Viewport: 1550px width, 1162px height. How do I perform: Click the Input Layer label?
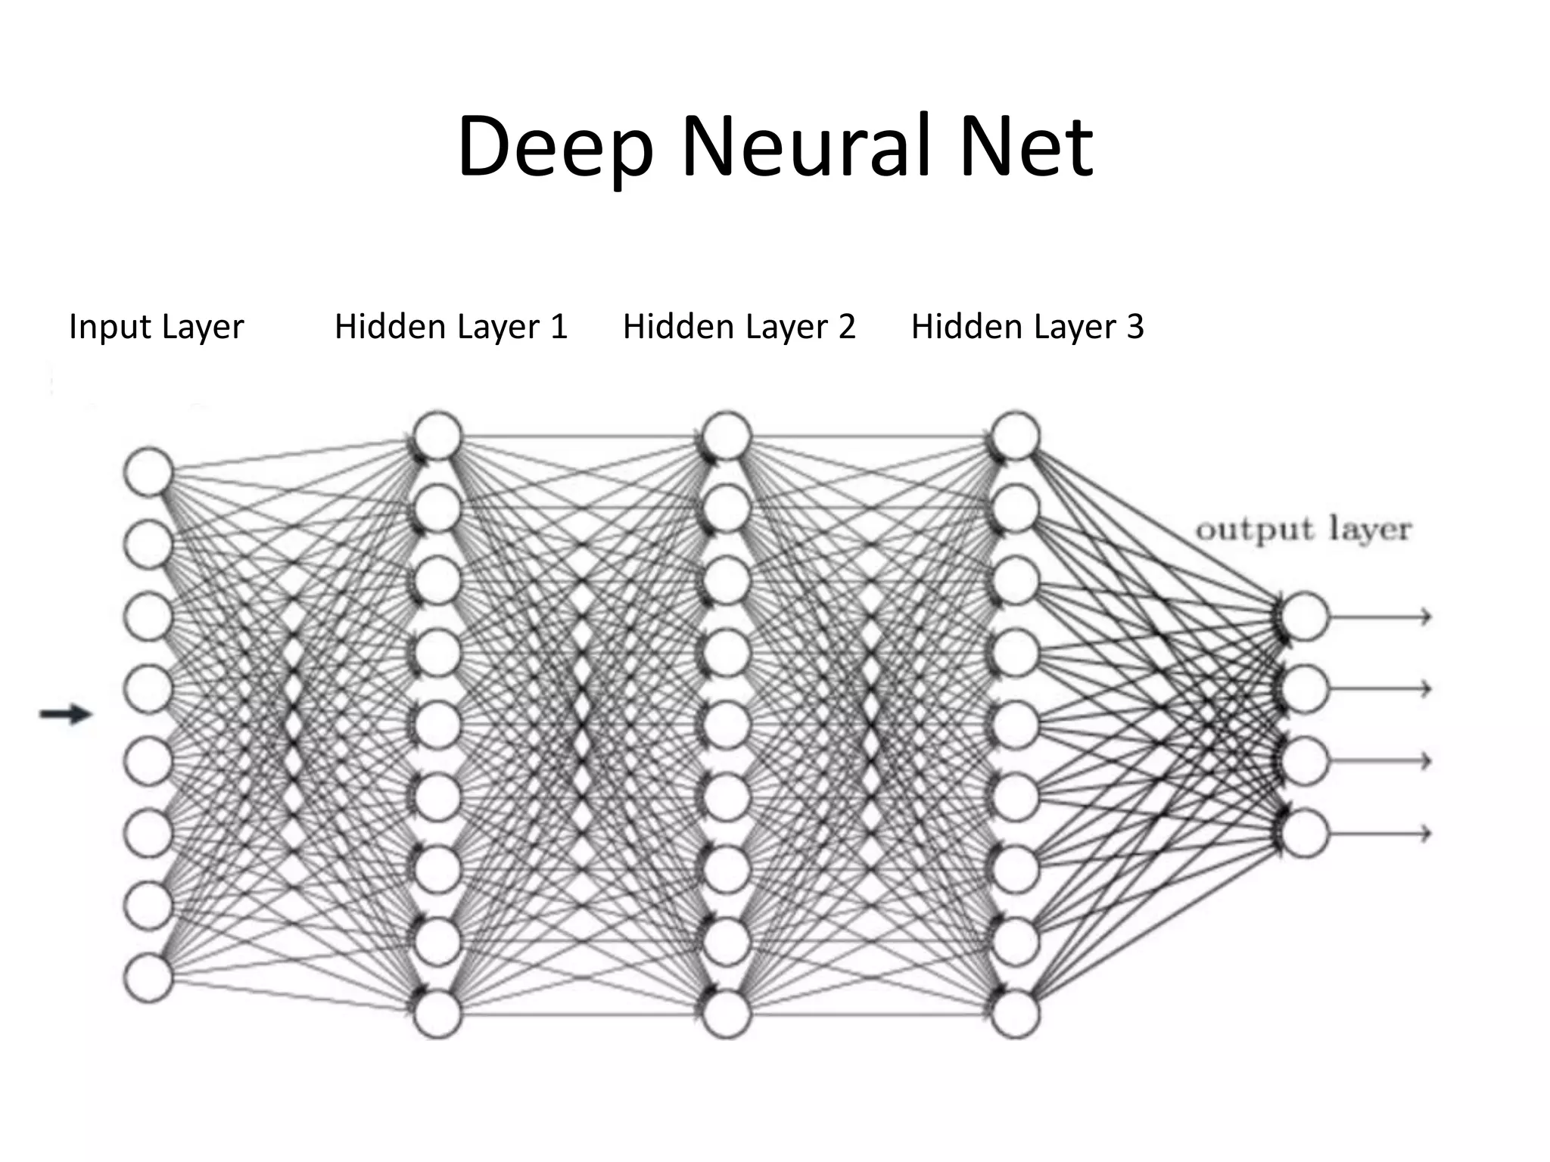tap(156, 327)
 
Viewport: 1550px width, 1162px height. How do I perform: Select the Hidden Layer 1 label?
tap(450, 327)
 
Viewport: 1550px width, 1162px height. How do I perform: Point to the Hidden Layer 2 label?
tap(739, 327)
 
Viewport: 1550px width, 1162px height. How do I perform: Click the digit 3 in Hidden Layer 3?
tap(1134, 327)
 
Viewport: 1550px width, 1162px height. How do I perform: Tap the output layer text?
tap(1303, 530)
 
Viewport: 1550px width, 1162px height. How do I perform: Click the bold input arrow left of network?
tap(65, 713)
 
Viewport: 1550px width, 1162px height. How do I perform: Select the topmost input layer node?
tap(148, 472)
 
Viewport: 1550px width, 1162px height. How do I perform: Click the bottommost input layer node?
tap(148, 977)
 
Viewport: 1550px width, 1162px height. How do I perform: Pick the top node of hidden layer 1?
tap(437, 436)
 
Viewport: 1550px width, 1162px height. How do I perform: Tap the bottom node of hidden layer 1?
tap(437, 1014)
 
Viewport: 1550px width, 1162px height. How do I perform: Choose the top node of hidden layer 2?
tap(727, 436)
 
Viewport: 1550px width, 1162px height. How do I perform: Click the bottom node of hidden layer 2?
tap(727, 1014)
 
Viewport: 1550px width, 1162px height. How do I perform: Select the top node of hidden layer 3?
tap(1015, 436)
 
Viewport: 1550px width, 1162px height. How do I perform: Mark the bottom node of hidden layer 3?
tap(1015, 1014)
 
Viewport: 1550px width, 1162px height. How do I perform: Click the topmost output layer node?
tap(1304, 617)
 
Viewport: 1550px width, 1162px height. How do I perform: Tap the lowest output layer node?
tap(1304, 833)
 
